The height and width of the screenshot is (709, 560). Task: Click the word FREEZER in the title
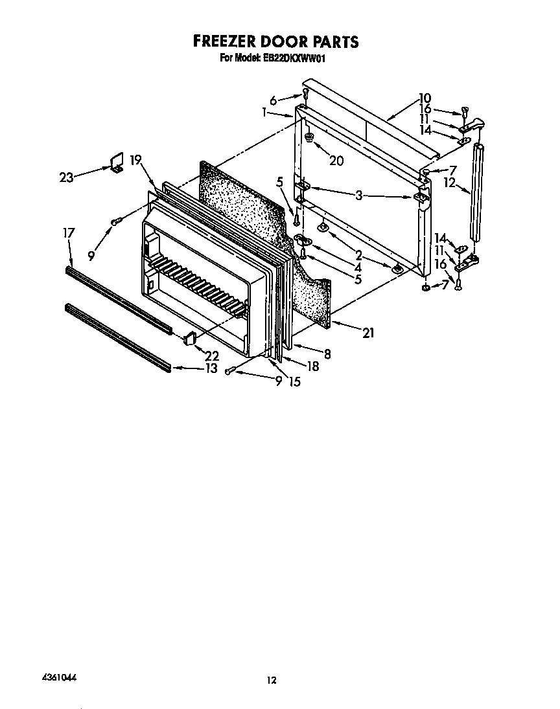pyautogui.click(x=223, y=41)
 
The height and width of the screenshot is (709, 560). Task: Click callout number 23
pyautogui.click(x=66, y=177)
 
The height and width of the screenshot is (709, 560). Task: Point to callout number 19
pyautogui.click(x=136, y=160)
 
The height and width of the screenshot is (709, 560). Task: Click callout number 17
pyautogui.click(x=69, y=233)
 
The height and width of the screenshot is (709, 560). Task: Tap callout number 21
pyautogui.click(x=369, y=333)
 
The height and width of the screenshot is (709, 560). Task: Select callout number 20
pyautogui.click(x=336, y=161)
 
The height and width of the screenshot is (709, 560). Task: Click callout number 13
pyautogui.click(x=211, y=368)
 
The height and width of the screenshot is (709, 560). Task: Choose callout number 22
pyautogui.click(x=212, y=355)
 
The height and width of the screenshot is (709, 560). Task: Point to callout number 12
pyautogui.click(x=450, y=182)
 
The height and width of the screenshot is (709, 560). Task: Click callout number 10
pyautogui.click(x=425, y=98)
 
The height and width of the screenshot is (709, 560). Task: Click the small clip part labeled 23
pyautogui.click(x=117, y=162)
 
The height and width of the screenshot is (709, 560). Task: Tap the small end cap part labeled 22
pyautogui.click(x=190, y=337)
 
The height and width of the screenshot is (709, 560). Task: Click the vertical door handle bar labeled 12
pyautogui.click(x=476, y=192)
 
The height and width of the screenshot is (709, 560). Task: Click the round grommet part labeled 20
pyautogui.click(x=309, y=137)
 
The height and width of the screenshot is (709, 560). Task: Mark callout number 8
pyautogui.click(x=327, y=354)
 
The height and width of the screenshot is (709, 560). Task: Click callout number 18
pyautogui.click(x=312, y=366)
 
